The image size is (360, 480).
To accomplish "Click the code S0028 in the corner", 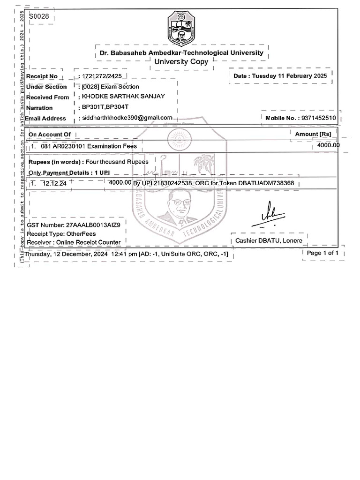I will [x=38, y=17].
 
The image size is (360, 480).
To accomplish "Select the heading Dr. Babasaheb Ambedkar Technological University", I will [x=181, y=53].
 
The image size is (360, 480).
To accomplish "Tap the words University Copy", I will [x=181, y=62].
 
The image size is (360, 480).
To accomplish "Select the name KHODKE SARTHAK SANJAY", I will [x=123, y=97].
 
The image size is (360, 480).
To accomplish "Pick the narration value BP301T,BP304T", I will [x=102, y=107].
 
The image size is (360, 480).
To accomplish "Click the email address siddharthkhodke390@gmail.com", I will [x=127, y=118].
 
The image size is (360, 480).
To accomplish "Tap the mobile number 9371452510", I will [x=319, y=118].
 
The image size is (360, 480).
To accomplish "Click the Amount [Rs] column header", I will [x=313, y=135].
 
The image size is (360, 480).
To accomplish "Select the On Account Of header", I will [x=50, y=135].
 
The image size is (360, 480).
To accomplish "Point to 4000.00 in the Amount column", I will [x=328, y=145].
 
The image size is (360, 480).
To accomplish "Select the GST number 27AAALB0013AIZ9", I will [x=96, y=225].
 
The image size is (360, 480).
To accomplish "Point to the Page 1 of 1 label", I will [x=322, y=253].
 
